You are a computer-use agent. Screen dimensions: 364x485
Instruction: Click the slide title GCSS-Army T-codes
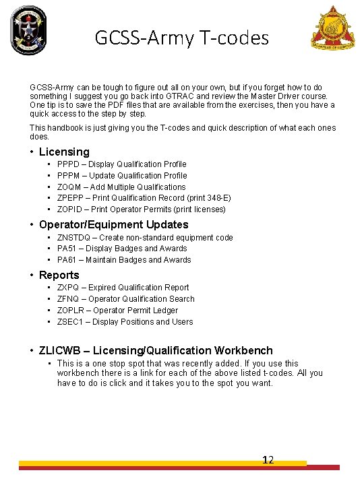182,38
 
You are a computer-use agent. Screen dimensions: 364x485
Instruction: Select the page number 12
268,460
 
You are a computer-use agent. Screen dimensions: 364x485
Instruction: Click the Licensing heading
64,152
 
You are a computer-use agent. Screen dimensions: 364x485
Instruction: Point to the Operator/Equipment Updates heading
113,224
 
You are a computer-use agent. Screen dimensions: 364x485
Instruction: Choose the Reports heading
59,275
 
